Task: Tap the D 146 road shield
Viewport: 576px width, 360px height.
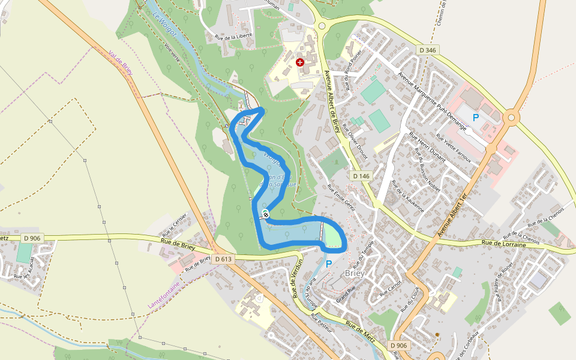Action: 361,176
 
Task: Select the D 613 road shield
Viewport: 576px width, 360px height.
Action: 223,259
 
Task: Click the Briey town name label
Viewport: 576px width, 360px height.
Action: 355,273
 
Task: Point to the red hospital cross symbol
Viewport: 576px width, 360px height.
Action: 300,62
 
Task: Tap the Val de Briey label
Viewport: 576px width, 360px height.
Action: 120,62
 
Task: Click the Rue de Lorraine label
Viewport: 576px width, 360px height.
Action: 503,244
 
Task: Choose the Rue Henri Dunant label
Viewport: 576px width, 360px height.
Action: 427,148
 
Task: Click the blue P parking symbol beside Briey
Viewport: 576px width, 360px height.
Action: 329,263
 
